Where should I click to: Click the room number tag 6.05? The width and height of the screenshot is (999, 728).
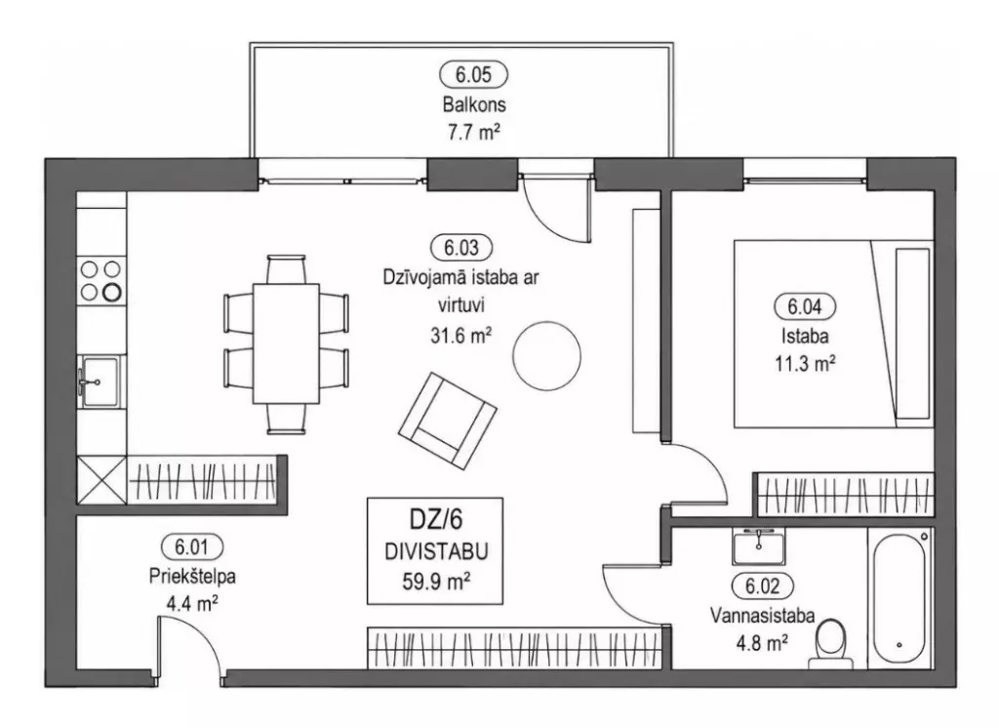coord(473,75)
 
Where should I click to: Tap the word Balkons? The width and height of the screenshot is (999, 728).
coord(474,103)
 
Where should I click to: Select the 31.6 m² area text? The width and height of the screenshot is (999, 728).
coord(460,335)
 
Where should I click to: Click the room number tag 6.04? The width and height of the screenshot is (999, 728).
coord(805,306)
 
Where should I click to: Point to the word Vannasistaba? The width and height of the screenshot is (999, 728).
coord(762,615)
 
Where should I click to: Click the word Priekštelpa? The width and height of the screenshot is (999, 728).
coord(192,577)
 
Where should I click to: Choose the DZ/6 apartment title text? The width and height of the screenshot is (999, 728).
coord(436,520)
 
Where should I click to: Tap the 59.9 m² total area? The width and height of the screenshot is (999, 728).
coord(436,581)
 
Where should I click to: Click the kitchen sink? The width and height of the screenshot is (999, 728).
coord(99,382)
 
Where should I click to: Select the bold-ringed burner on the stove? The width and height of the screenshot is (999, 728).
coord(112,293)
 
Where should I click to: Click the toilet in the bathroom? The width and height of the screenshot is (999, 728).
coord(830,644)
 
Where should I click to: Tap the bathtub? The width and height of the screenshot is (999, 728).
coord(899,598)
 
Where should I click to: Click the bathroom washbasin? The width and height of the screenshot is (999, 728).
coord(758,546)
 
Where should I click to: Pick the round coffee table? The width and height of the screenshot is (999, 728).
coord(546,355)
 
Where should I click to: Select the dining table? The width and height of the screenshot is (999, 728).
coord(286,344)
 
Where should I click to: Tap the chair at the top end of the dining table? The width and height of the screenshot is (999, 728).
coord(286,269)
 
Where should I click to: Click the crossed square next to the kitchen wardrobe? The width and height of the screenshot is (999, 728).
coord(101,479)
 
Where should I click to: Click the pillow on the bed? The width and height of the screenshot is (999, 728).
coord(912,334)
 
